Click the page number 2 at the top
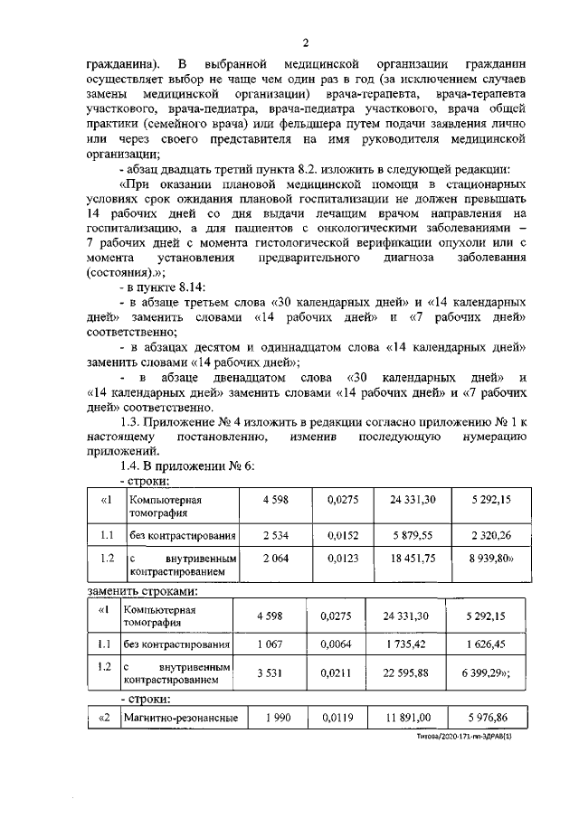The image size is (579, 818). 306,43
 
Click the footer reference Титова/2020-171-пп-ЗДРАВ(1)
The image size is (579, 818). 470,737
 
